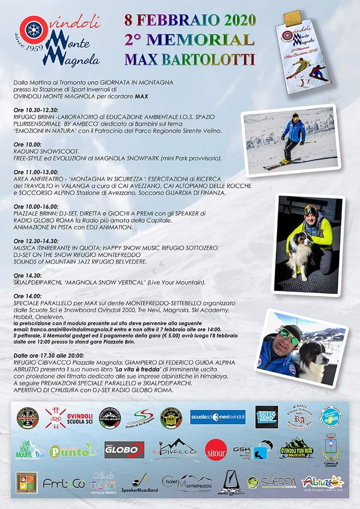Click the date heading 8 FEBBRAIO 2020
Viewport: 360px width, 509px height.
click(190, 20)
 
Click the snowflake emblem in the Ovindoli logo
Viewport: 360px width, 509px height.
click(32, 29)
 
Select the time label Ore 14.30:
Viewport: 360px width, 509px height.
click(28, 275)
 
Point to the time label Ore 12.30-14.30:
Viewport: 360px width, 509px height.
click(38, 241)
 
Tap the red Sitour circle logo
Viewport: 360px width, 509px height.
click(215, 450)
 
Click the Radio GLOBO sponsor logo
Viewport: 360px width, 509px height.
click(124, 450)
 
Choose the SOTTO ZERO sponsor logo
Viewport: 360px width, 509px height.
click(267, 417)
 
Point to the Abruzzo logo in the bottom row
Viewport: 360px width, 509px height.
click(323, 483)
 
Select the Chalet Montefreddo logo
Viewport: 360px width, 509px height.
click(187, 484)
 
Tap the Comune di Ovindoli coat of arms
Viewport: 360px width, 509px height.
click(331, 450)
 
